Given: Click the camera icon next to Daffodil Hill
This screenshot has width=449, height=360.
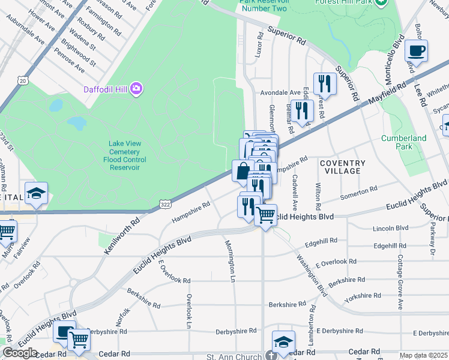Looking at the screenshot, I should [137, 89].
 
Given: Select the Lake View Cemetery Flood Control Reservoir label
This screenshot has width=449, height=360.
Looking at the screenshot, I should [124, 155].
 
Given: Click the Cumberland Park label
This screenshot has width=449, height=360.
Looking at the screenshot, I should [403, 142].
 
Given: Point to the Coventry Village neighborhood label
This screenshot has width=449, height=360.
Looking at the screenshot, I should [342, 167].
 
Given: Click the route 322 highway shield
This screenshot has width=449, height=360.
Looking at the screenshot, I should [164, 205].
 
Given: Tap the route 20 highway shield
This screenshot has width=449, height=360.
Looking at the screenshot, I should [23, 80].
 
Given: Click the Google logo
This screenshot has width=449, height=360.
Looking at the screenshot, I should [20, 353].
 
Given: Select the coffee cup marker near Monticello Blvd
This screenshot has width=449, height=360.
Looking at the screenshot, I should [416, 50].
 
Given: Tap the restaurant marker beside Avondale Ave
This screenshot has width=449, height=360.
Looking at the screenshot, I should [325, 83].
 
